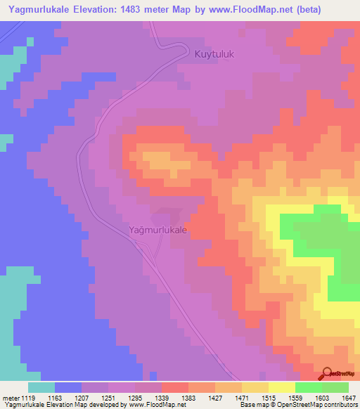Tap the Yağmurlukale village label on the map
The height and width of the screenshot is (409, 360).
point(158,229)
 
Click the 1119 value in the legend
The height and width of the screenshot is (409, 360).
point(29,398)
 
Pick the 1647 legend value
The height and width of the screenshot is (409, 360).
point(349,398)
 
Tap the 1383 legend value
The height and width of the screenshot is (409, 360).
point(189,398)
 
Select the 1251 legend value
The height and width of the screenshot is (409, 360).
point(109,398)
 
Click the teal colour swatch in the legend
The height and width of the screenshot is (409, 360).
point(41,387)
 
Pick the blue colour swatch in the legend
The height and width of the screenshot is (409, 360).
point(68,387)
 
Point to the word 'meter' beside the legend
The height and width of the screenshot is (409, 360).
point(9,398)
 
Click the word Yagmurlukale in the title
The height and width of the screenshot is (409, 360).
point(39,10)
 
